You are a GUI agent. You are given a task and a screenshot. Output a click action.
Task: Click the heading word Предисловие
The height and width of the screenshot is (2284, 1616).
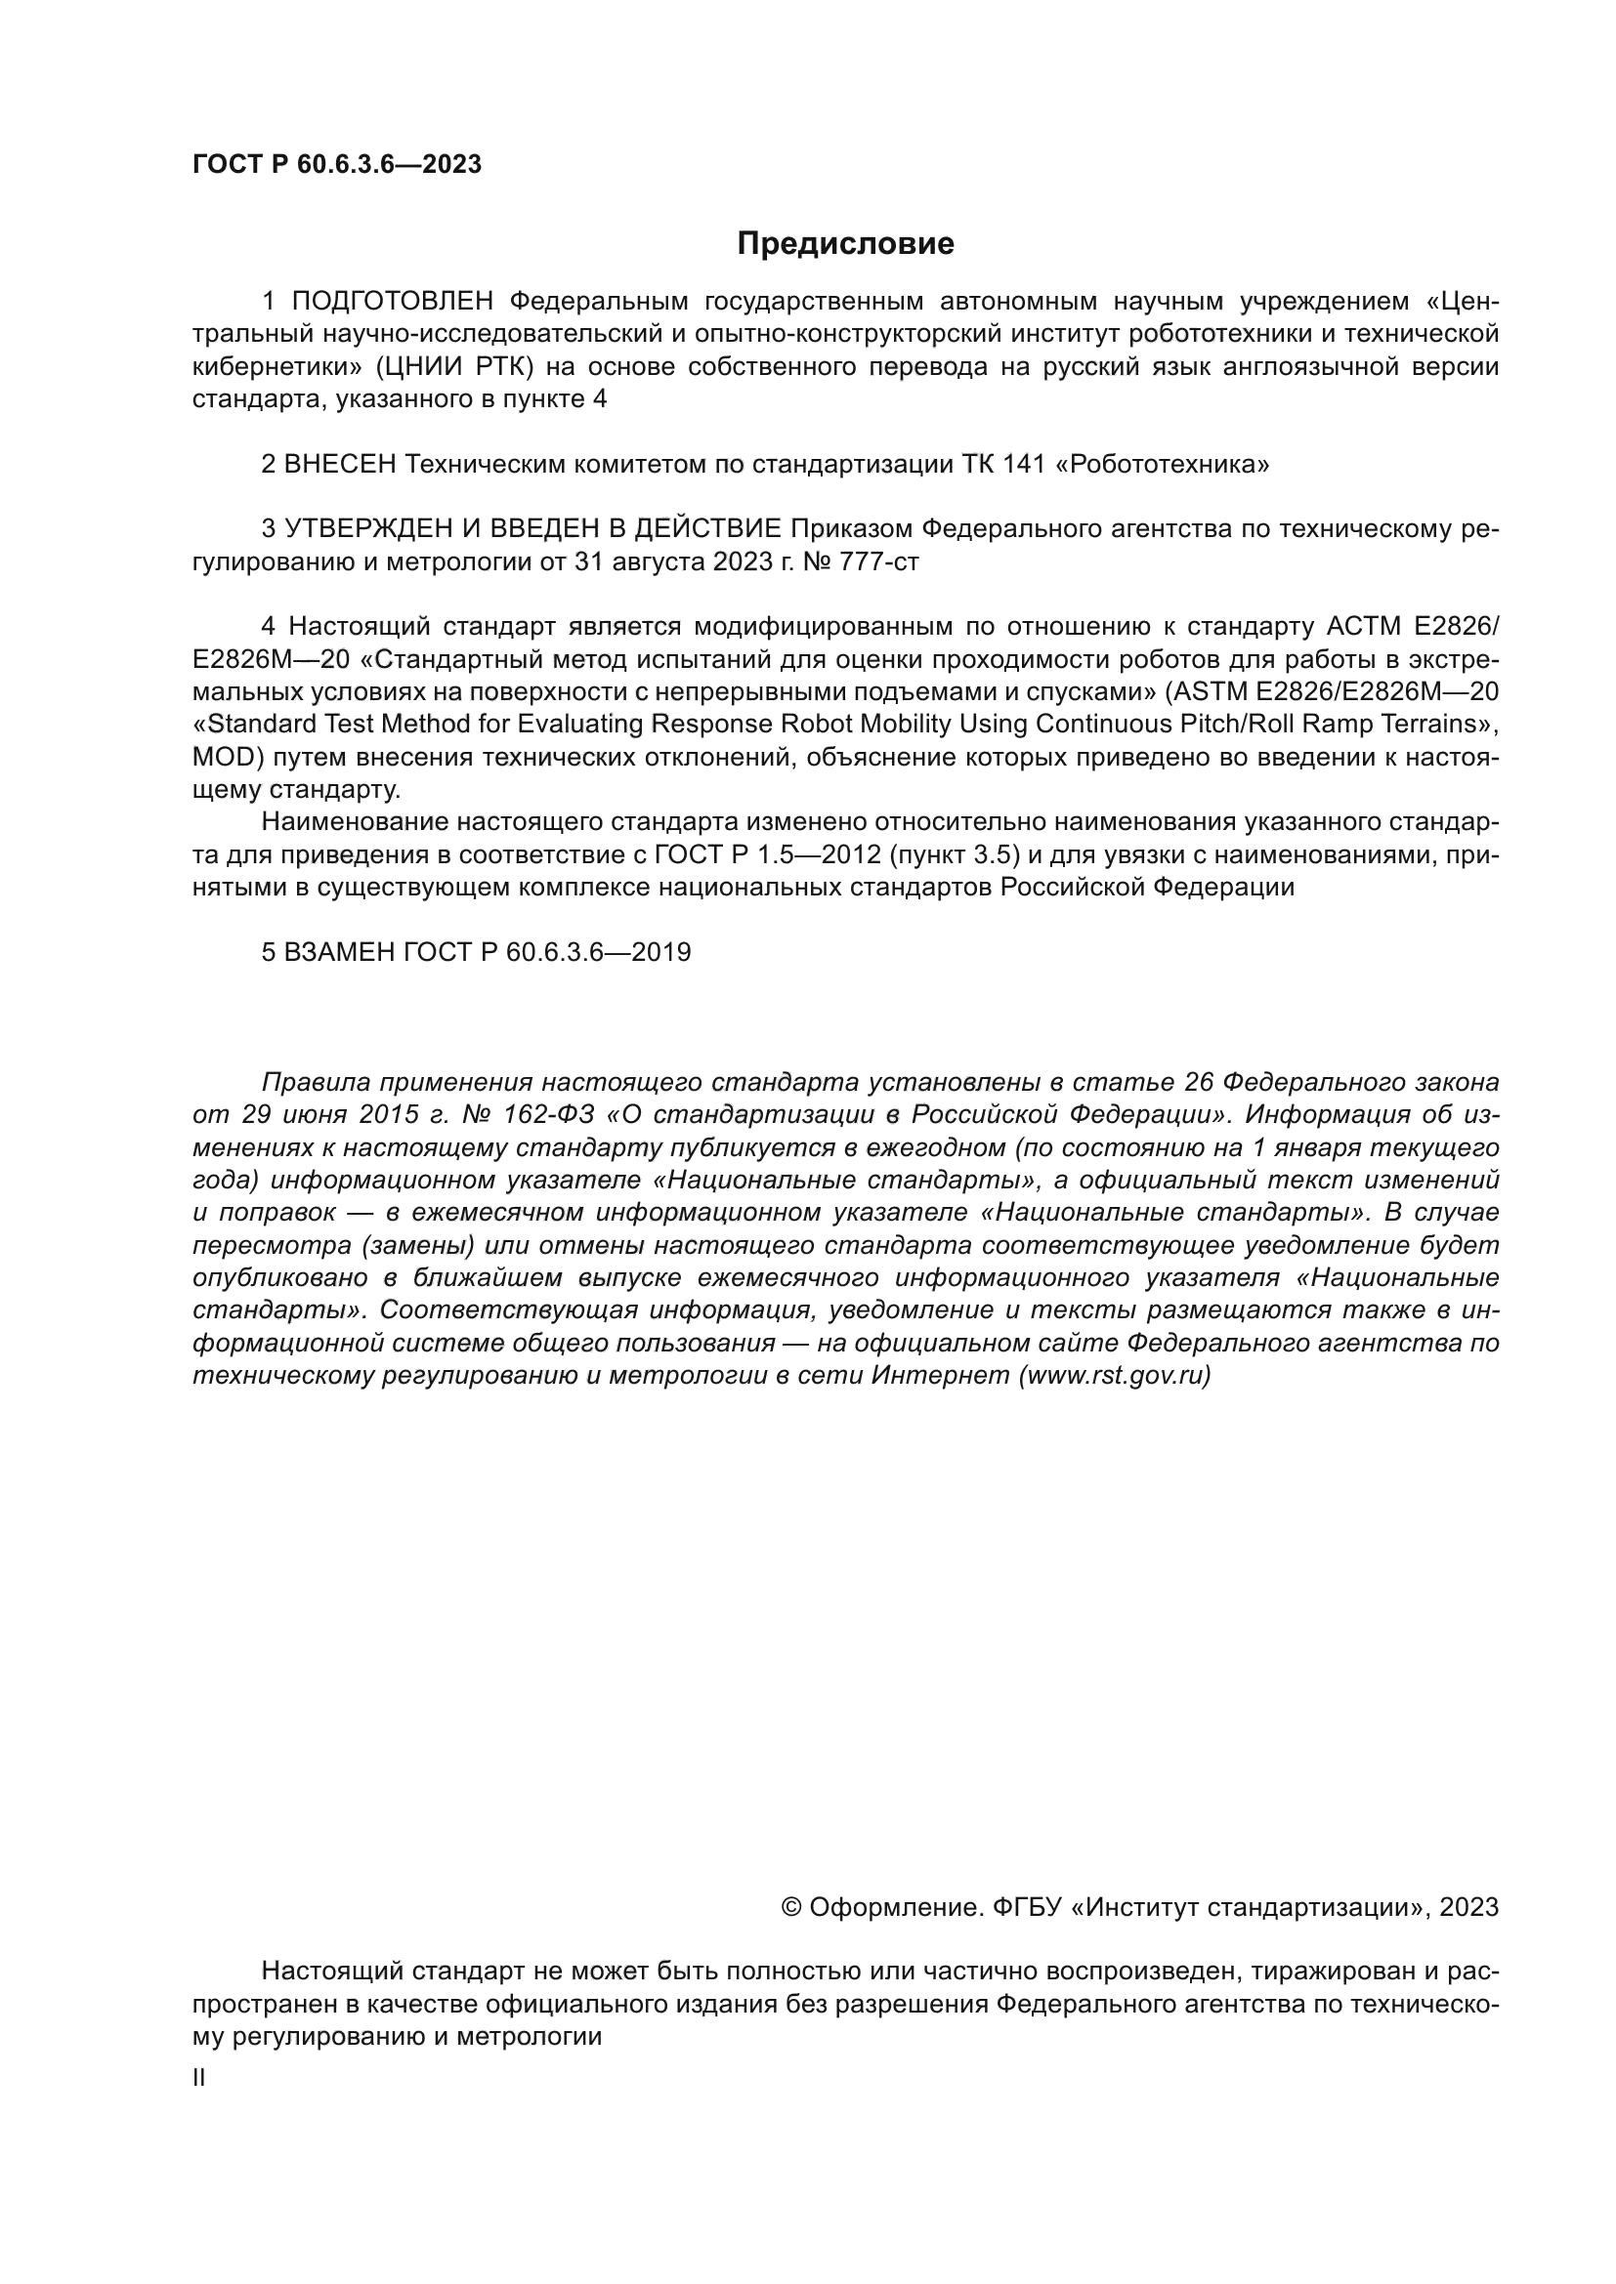click(845, 244)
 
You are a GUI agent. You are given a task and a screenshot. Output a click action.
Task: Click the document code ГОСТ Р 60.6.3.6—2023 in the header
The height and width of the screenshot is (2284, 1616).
click(336, 164)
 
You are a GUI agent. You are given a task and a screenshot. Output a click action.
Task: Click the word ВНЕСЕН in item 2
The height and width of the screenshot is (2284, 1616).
click(340, 465)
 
